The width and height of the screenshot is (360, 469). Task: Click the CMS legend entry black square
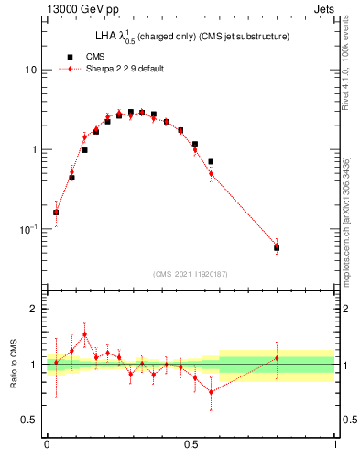(x=70, y=55)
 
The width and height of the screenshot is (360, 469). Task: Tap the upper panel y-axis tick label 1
(x=36, y=149)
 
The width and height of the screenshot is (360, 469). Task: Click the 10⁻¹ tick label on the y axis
(x=30, y=228)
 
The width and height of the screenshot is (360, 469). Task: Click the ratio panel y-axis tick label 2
(x=36, y=310)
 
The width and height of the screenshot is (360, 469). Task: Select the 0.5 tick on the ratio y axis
(x=32, y=420)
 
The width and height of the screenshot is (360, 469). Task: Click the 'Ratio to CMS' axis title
(x=13, y=365)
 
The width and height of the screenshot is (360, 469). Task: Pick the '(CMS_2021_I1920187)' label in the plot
(x=191, y=274)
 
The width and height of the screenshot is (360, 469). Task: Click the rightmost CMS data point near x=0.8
(x=277, y=247)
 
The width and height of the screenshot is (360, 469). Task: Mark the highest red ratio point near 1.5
(x=85, y=334)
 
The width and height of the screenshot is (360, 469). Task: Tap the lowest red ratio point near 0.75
(x=212, y=392)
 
